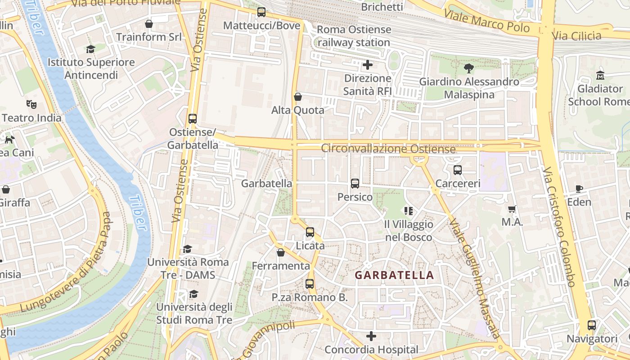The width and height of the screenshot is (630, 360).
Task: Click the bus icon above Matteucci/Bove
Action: pyautogui.click(x=261, y=12)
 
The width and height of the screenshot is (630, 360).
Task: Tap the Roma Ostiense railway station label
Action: pyautogui.click(x=354, y=36)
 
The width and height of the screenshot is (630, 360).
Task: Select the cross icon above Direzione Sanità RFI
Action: pyautogui.click(x=368, y=65)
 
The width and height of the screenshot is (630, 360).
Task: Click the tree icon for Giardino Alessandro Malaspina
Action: pyautogui.click(x=469, y=68)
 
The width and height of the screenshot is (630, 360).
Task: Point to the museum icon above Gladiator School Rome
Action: pyautogui.click(x=600, y=75)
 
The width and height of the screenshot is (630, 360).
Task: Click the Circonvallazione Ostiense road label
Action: pyautogui.click(x=388, y=149)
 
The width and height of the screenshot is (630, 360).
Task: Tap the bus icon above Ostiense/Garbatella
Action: pyautogui.click(x=193, y=119)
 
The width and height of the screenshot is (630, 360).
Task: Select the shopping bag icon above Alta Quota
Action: pyautogui.click(x=297, y=97)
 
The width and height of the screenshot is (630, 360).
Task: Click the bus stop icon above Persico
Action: pyautogui.click(x=355, y=184)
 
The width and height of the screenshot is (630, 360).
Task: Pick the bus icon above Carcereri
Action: pyautogui.click(x=458, y=170)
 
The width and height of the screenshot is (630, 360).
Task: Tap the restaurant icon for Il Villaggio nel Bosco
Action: pyautogui.click(x=409, y=211)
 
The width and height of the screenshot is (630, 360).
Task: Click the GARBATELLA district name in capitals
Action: pyautogui.click(x=394, y=275)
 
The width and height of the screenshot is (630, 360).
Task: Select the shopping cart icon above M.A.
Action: pyautogui.click(x=512, y=209)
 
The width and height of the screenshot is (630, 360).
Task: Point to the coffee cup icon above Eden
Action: pyautogui.click(x=579, y=189)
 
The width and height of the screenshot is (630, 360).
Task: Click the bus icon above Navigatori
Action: pyautogui.click(x=592, y=325)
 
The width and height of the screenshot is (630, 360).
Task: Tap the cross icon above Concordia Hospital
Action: pyautogui.click(x=371, y=336)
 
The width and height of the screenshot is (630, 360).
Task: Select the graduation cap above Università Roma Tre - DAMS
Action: pyautogui.click(x=188, y=249)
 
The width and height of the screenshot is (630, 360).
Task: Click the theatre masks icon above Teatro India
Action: pyautogui.click(x=31, y=104)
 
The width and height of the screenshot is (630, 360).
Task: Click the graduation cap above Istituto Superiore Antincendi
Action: pyautogui.click(x=91, y=49)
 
